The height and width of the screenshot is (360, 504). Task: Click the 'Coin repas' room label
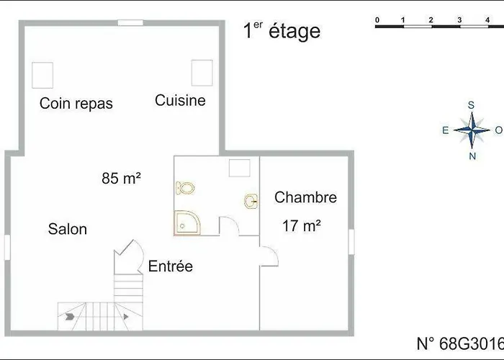tap(76, 104)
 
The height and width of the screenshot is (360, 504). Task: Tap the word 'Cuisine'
tap(180, 100)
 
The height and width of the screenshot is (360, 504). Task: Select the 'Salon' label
tap(68, 229)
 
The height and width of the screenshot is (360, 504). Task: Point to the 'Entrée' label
tap(171, 266)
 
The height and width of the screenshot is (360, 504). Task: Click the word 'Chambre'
tap(305, 197)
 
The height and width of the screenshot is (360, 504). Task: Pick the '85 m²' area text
tap(121, 178)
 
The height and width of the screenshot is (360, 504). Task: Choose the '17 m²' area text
tap(302, 225)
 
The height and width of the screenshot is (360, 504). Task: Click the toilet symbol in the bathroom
tap(186, 188)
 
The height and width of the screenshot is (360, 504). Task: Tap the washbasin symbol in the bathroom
tap(251, 202)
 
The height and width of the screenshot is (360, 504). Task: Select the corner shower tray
tap(187, 223)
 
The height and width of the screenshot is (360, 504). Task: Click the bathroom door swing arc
tap(235, 221)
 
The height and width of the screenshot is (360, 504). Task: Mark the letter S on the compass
tap(471, 105)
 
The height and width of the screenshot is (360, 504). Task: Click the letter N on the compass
tap(472, 156)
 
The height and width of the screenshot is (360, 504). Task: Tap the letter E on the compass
tap(445, 130)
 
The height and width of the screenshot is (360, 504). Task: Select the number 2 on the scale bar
tap(431, 20)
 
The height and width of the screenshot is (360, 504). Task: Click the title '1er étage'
tap(282, 31)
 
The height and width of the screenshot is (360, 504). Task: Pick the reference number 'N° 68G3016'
tap(460, 343)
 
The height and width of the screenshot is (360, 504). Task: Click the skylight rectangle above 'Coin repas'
tap(42, 75)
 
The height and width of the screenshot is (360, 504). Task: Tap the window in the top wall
tap(130, 23)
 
